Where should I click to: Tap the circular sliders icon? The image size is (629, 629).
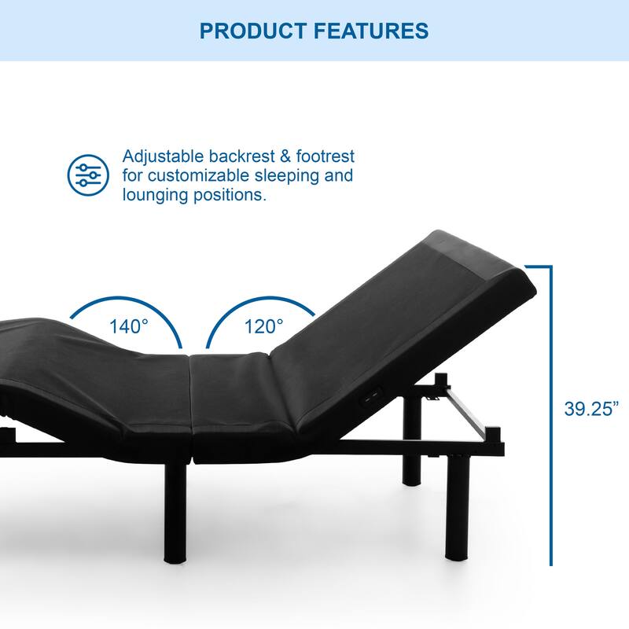point(88,175)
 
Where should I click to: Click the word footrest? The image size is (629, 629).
point(324,156)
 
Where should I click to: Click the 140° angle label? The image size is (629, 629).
point(129,326)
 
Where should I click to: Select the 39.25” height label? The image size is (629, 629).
point(591,409)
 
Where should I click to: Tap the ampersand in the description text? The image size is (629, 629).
point(282,156)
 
